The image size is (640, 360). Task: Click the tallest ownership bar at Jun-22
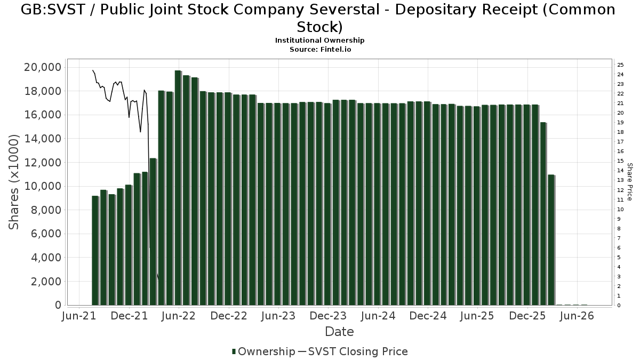pos(178,188)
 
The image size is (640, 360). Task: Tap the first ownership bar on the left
pos(95,251)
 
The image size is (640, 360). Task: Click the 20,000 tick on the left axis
pos(43,67)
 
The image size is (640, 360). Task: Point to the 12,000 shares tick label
pos(43,163)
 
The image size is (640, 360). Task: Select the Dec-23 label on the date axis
pos(328,316)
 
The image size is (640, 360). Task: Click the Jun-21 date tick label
pos(79,316)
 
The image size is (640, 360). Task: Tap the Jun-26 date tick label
pos(577,316)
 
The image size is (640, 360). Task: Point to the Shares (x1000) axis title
pos(13,182)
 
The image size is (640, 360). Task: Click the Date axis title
pos(339,332)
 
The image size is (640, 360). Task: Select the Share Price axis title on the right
pos(629,182)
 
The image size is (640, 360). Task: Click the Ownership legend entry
pos(263,351)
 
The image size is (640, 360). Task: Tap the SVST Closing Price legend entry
pos(353,351)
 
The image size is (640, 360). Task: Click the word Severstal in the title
pos(345,10)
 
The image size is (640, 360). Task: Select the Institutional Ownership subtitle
pos(319,41)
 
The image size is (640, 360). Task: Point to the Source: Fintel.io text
pos(321,50)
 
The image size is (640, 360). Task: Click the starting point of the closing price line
pos(93,70)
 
